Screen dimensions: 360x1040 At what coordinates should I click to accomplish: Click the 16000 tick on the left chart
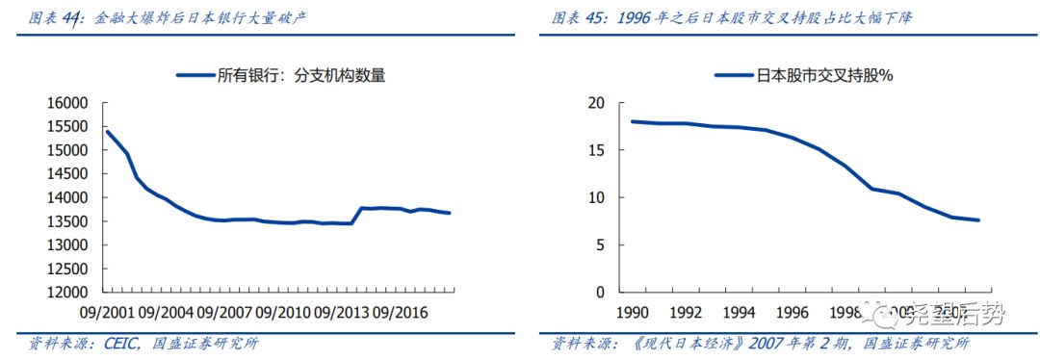[x=67, y=103]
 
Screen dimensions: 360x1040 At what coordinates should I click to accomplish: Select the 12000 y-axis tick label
[x=67, y=292]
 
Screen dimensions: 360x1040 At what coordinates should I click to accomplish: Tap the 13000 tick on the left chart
[x=67, y=244]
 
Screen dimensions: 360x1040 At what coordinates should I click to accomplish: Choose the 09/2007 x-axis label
[x=225, y=312]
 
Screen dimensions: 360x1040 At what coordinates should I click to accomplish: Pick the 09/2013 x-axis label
[x=341, y=312]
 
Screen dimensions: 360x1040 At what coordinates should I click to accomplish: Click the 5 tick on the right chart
[x=598, y=244]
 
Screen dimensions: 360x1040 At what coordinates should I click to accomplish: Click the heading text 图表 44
[x=56, y=17]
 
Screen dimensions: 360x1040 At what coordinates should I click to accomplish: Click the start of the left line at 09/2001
[x=107, y=132]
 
